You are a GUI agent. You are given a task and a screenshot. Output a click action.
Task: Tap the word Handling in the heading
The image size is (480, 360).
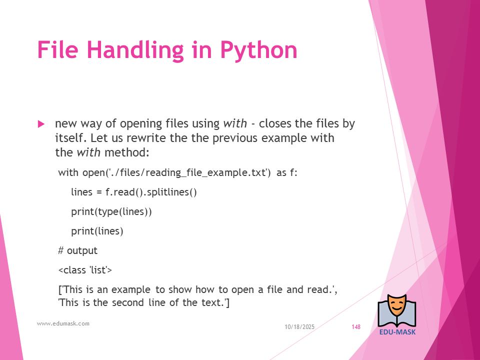[135, 50]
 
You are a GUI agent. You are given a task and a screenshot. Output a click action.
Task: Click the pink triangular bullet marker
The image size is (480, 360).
[41, 124]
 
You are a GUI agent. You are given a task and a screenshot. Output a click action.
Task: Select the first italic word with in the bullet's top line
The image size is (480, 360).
[235, 123]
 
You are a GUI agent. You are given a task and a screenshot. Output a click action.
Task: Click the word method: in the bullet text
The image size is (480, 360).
[126, 152]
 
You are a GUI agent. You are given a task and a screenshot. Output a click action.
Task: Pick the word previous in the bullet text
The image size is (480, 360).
[235, 138]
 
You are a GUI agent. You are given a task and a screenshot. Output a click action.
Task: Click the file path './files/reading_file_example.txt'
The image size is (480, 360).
[188, 172]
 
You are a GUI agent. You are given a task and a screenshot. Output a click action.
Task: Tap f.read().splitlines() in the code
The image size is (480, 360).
[151, 192]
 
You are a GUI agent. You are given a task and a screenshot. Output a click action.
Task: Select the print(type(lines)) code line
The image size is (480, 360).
[111, 212]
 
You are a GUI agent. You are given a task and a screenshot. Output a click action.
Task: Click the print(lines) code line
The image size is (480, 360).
[97, 231]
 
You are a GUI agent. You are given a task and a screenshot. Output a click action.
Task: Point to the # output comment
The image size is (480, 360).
[78, 250]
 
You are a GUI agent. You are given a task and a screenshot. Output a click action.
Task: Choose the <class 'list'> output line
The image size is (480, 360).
[85, 270]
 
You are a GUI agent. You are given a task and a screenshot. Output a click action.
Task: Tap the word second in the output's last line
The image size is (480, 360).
[128, 302]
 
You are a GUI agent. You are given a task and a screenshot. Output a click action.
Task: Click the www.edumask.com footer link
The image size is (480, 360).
[63, 323]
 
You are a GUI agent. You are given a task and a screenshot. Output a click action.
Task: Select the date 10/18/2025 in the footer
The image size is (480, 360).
[299, 327]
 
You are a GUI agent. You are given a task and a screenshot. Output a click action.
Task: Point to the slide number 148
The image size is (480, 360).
[356, 327]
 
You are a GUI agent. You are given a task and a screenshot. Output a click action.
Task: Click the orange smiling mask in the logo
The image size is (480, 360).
[397, 306]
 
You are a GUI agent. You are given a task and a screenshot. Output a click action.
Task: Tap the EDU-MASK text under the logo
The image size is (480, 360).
[397, 332]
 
